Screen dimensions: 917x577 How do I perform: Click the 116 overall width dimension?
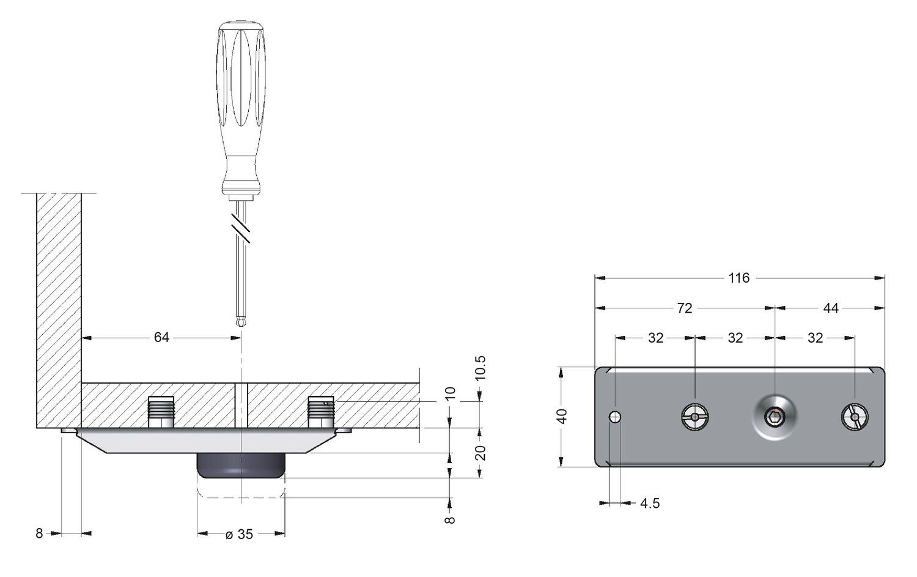click(739, 278)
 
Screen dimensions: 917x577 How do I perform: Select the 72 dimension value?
click(684, 308)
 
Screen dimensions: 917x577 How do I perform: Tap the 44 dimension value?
click(831, 308)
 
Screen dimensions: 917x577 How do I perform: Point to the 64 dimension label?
click(161, 337)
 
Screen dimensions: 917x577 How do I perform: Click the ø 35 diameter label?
click(240, 534)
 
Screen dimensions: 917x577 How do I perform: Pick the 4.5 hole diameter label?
click(650, 503)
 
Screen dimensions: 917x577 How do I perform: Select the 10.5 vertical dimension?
click(481, 368)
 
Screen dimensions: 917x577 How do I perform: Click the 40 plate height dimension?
click(562, 416)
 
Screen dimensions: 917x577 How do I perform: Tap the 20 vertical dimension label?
click(481, 453)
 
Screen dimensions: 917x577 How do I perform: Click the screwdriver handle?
click(241, 108)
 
